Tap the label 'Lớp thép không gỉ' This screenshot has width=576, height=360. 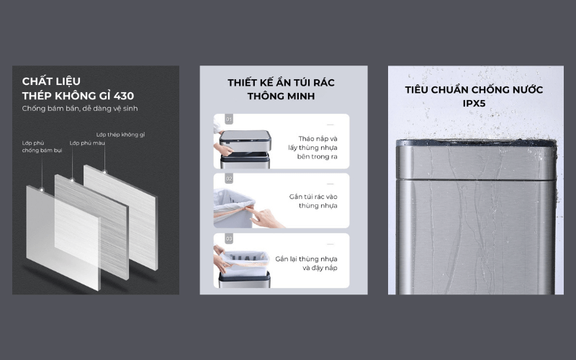(x=120, y=134)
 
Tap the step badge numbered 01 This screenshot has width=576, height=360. (x=229, y=120)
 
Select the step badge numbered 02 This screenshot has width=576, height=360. (x=229, y=178)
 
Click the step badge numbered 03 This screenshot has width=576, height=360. (x=229, y=238)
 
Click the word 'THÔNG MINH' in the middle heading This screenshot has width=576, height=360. (x=281, y=96)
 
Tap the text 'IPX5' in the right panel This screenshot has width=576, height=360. (x=473, y=104)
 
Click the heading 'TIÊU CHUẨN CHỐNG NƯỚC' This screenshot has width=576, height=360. (x=473, y=90)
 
